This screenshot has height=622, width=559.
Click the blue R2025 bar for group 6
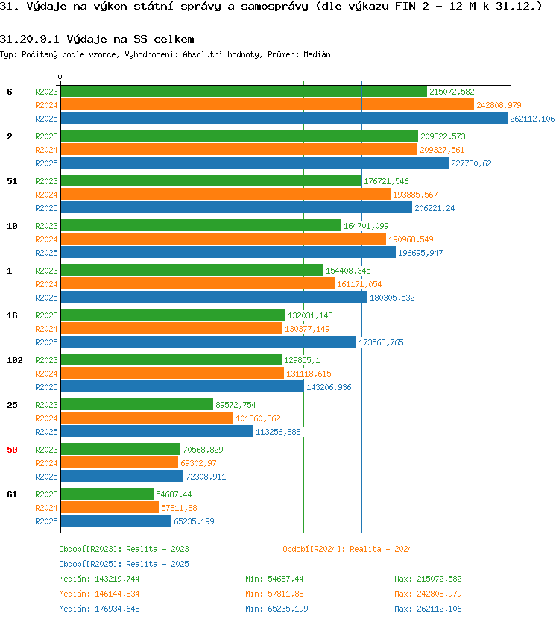[284, 118]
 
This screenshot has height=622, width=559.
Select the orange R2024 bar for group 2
[239, 150]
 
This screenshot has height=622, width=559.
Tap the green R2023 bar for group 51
[212, 181]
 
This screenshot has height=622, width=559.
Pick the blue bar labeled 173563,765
[209, 342]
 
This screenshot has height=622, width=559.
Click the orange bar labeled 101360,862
[147, 418]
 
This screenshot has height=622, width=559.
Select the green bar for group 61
[107, 494]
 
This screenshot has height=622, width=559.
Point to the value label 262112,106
[532, 119]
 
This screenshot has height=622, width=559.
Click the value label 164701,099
[366, 226]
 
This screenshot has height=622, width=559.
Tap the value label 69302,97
[198, 463]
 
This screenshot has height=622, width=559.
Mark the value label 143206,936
[329, 387]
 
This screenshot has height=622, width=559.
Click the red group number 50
[12, 450]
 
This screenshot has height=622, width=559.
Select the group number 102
[15, 360]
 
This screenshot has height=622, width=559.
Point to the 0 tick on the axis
[60, 77]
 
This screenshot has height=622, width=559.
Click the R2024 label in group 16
[46, 329]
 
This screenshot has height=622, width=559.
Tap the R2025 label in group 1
[46, 298]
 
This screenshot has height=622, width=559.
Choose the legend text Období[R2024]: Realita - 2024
[347, 549]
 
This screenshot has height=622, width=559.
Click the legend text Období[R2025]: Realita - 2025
[124, 564]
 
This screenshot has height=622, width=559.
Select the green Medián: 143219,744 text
[99, 579]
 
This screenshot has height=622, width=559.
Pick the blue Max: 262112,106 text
[428, 609]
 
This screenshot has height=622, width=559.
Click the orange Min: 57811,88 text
[274, 594]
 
